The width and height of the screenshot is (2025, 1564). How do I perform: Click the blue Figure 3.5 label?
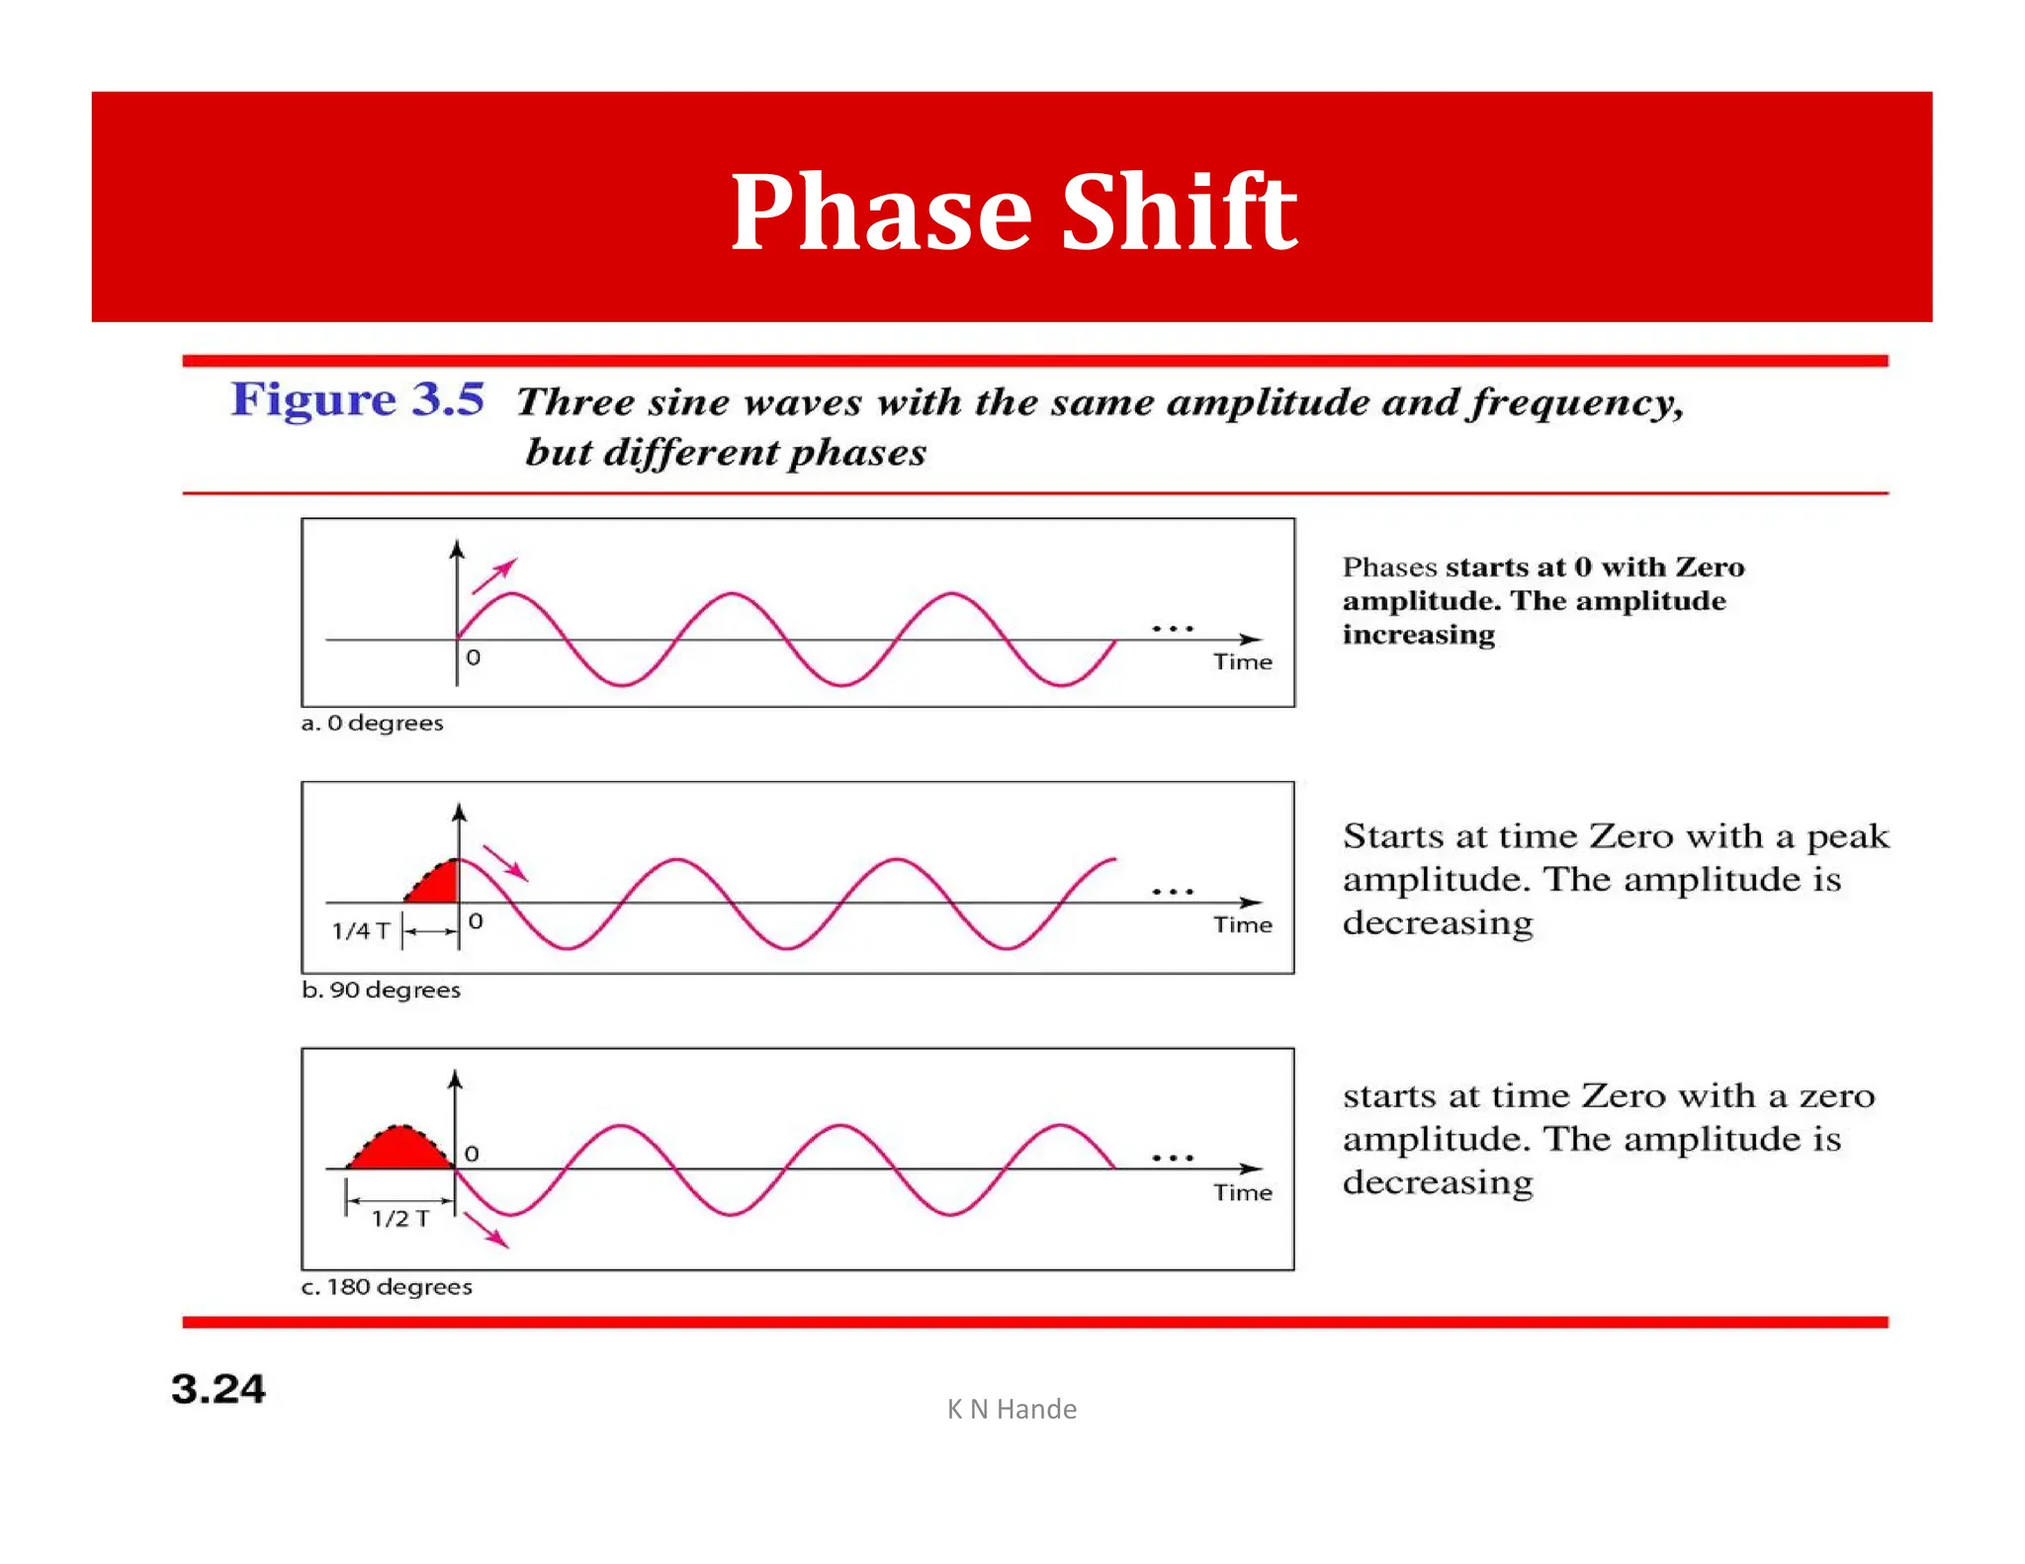click(358, 399)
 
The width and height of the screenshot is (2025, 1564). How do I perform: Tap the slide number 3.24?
click(218, 1389)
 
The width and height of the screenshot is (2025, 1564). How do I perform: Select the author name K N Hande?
click(1012, 1409)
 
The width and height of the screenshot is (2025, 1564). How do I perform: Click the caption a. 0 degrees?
click(372, 723)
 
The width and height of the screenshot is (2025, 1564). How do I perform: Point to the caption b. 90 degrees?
click(381, 990)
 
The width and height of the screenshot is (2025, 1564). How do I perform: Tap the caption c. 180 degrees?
click(387, 1286)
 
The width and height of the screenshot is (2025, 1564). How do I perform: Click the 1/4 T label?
click(360, 930)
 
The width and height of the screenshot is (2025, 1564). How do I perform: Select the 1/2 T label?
click(400, 1218)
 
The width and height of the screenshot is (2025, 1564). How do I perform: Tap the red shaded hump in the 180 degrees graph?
click(399, 1150)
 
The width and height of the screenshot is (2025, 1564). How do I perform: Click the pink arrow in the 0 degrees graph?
click(494, 575)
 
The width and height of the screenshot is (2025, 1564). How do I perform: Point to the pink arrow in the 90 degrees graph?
click(505, 863)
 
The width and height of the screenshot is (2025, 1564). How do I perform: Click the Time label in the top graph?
click(1243, 661)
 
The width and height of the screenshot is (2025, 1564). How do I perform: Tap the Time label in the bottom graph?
click(1243, 1192)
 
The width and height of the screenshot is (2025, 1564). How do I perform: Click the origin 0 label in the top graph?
click(473, 657)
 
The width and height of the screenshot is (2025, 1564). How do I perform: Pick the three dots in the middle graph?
click(1173, 892)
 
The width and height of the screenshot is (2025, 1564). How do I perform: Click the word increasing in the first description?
click(1418, 635)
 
